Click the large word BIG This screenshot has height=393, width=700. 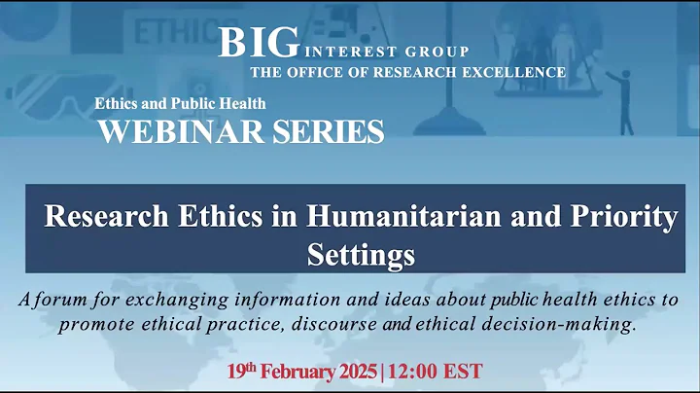[257, 42]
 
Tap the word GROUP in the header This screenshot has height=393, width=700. [436, 52]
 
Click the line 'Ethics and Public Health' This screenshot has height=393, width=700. [180, 103]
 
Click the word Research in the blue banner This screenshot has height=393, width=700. [104, 217]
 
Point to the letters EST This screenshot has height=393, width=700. [467, 372]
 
